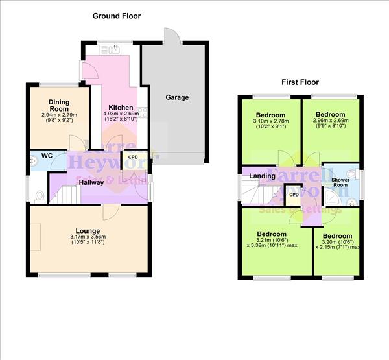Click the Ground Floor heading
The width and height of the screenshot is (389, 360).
[x=116, y=16]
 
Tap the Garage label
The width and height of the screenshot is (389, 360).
[x=176, y=97]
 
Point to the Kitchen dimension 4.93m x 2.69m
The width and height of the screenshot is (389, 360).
[x=121, y=114]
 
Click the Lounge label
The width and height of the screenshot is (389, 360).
[x=87, y=230]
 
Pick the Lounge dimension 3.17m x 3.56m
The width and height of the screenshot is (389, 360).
[x=87, y=237]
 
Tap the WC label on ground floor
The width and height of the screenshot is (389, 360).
[x=46, y=156]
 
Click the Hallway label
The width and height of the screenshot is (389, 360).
[x=91, y=183]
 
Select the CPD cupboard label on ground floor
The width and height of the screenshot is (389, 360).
[x=133, y=157]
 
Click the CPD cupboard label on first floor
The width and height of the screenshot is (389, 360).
[x=293, y=194]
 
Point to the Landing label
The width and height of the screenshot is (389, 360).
[x=262, y=176]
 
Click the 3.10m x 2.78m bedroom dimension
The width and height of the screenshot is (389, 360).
[x=271, y=120]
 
